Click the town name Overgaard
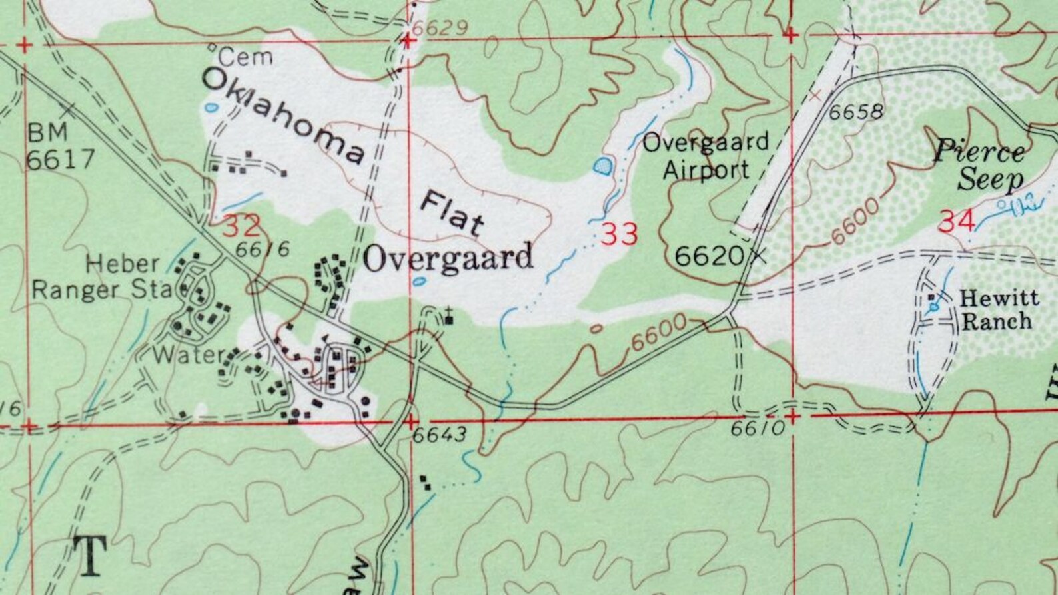pyautogui.click(x=448, y=258)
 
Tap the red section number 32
pyautogui.click(x=241, y=227)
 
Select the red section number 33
pyautogui.click(x=619, y=234)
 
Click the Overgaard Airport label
pyautogui.click(x=706, y=156)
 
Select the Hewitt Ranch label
pyautogui.click(x=996, y=310)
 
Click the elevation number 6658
pyautogui.click(x=856, y=112)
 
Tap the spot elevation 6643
pyautogui.click(x=439, y=435)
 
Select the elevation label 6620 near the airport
pyautogui.click(x=709, y=256)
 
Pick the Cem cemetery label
pyautogui.click(x=246, y=57)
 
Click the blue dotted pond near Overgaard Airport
pyautogui.click(x=603, y=165)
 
